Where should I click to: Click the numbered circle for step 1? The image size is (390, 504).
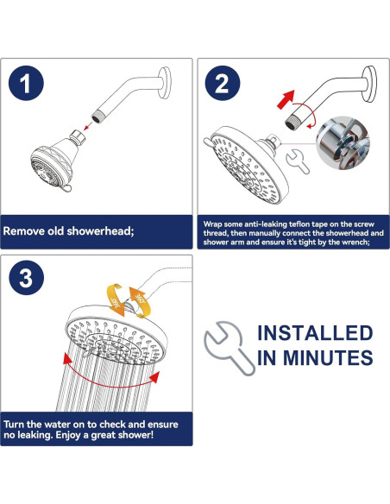pyautogui.click(x=26, y=83)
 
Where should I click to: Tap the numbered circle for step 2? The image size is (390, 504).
pyautogui.click(x=223, y=83)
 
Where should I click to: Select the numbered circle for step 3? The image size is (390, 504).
pyautogui.click(x=26, y=278)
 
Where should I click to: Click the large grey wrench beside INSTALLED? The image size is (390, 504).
pyautogui.click(x=229, y=349)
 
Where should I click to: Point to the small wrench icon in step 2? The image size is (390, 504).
pyautogui.click(x=298, y=161)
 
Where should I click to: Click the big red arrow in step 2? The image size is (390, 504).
pyautogui.click(x=286, y=99)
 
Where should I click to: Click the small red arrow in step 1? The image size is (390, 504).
pyautogui.click(x=88, y=126)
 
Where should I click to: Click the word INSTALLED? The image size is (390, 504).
pyautogui.click(x=315, y=333)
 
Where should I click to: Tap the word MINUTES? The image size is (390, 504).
pyautogui.click(x=328, y=357)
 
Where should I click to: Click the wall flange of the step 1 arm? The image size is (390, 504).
pyautogui.click(x=165, y=83)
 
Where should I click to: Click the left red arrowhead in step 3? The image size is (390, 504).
pyautogui.click(x=66, y=358)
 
